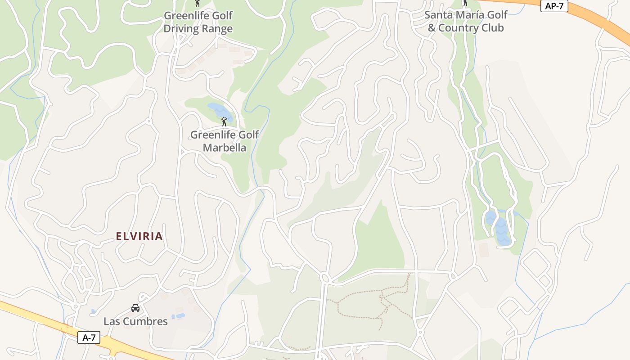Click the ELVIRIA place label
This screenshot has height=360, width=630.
139,236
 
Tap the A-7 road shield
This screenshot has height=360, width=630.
89,338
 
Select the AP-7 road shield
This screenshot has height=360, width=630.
554,6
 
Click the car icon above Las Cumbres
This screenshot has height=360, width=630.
135,308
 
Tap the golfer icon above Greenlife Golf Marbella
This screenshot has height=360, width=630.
224,121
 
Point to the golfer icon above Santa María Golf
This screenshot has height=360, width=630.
465,3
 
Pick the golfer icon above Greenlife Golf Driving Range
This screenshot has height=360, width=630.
198,3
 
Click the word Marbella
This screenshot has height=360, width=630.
225,148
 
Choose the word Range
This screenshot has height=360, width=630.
218,29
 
